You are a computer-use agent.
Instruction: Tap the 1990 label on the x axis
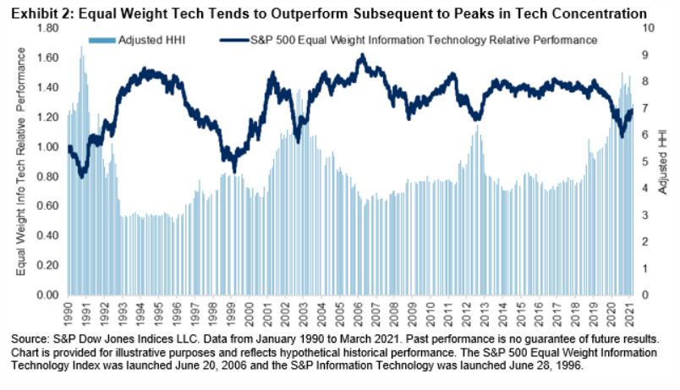[69, 313]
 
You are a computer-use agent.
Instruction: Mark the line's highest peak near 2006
[362, 56]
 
